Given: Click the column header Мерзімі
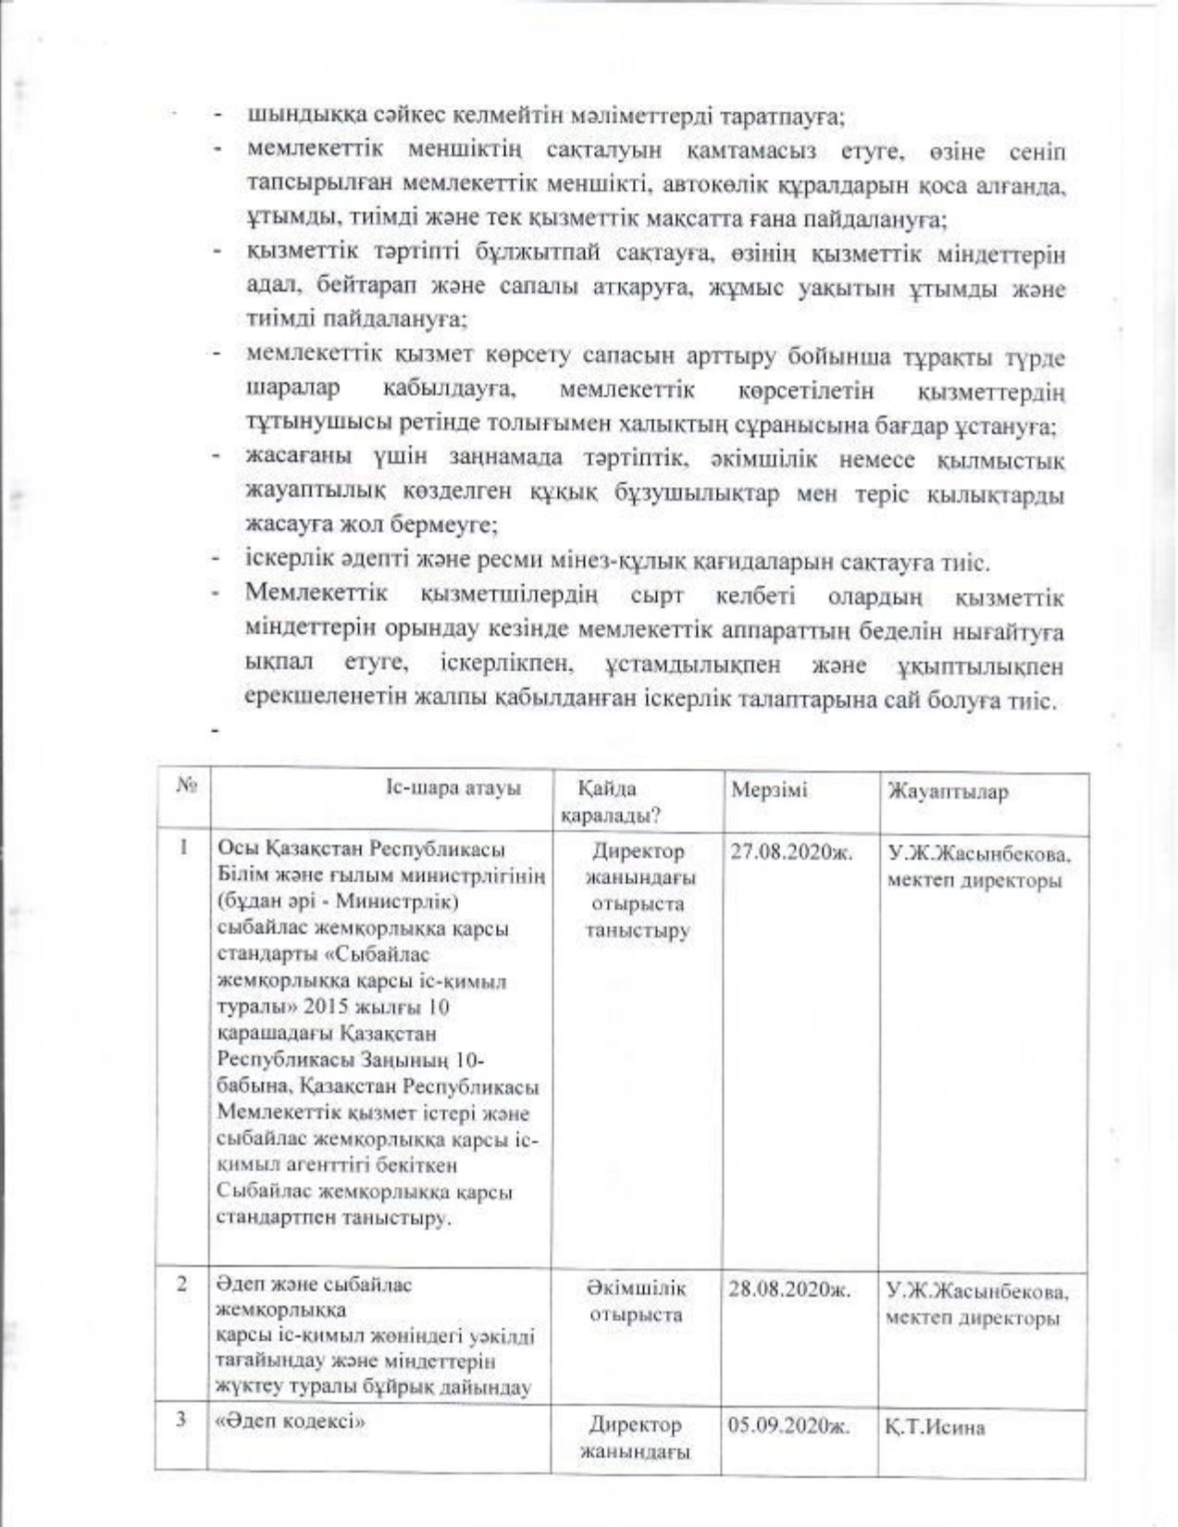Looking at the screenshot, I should coord(768,790).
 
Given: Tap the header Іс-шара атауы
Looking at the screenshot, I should coord(453,788).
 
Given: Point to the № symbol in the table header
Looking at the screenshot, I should coord(183,786).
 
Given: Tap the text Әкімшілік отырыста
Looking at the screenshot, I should coord(637,1301).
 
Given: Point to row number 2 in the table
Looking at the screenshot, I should coord(183,1285).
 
